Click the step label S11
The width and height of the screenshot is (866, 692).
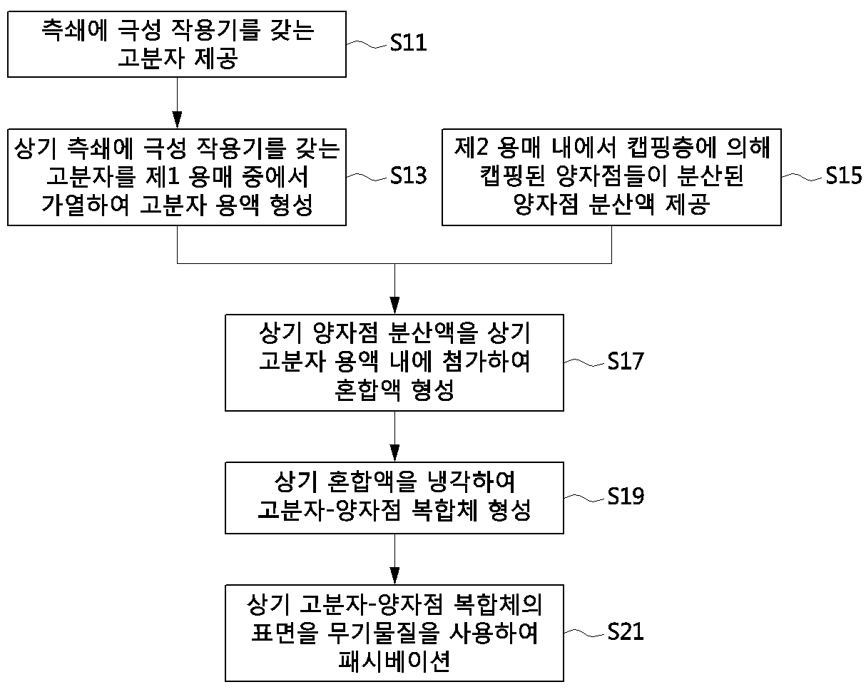pos(408,42)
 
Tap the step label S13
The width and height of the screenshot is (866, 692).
pos(408,175)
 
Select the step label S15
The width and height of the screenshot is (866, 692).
pos(843,175)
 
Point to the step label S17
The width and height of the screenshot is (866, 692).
pos(626,361)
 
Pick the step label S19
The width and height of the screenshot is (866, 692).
pos(626,496)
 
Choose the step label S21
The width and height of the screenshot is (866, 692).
pos(626,631)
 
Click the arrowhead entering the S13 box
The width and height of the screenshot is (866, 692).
pos(177,120)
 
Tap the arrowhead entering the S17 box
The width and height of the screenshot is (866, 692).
pos(394,305)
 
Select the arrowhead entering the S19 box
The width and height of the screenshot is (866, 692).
pos(394,453)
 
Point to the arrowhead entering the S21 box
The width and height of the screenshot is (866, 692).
pos(394,576)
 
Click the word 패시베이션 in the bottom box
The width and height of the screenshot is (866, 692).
pos(394,661)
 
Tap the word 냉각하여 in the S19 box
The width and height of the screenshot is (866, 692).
pos(471,482)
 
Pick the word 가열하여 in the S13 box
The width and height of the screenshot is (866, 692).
pos(86,205)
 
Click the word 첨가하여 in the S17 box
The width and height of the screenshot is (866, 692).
pos(486,361)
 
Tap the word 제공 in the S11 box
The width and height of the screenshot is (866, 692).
pos(216,58)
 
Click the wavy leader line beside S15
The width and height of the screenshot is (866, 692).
pos(803,177)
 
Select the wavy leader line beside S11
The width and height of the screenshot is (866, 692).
pos(368,44)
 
